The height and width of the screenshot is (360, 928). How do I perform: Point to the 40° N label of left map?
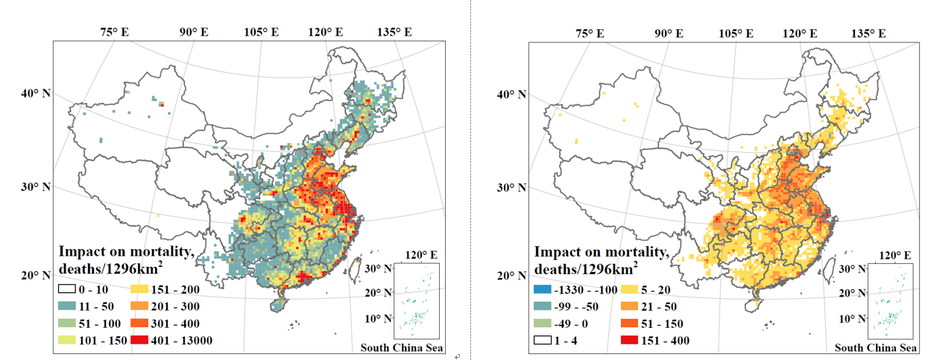coord(37,94)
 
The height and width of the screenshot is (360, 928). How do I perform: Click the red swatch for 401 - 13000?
coord(142,341)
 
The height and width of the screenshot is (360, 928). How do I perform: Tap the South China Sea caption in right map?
coord(876,348)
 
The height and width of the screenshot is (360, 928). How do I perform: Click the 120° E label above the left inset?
coord(414,255)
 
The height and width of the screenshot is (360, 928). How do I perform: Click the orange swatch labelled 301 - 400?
coord(142,323)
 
